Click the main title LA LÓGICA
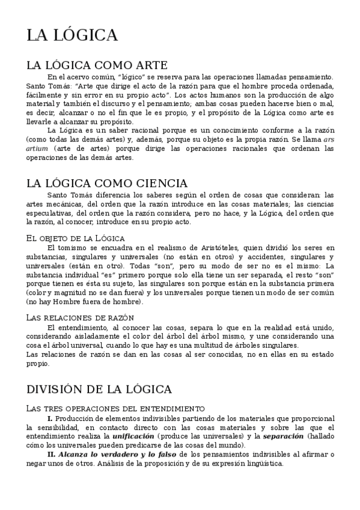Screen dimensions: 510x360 coord(72,35)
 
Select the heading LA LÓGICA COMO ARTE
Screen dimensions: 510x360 coord(97,65)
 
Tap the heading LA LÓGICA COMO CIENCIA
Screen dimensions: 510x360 coord(107,183)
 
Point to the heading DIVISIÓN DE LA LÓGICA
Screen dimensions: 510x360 coord(99,389)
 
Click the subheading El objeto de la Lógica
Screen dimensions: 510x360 coord(76,239)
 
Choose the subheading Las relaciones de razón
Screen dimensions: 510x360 coord(81,317)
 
